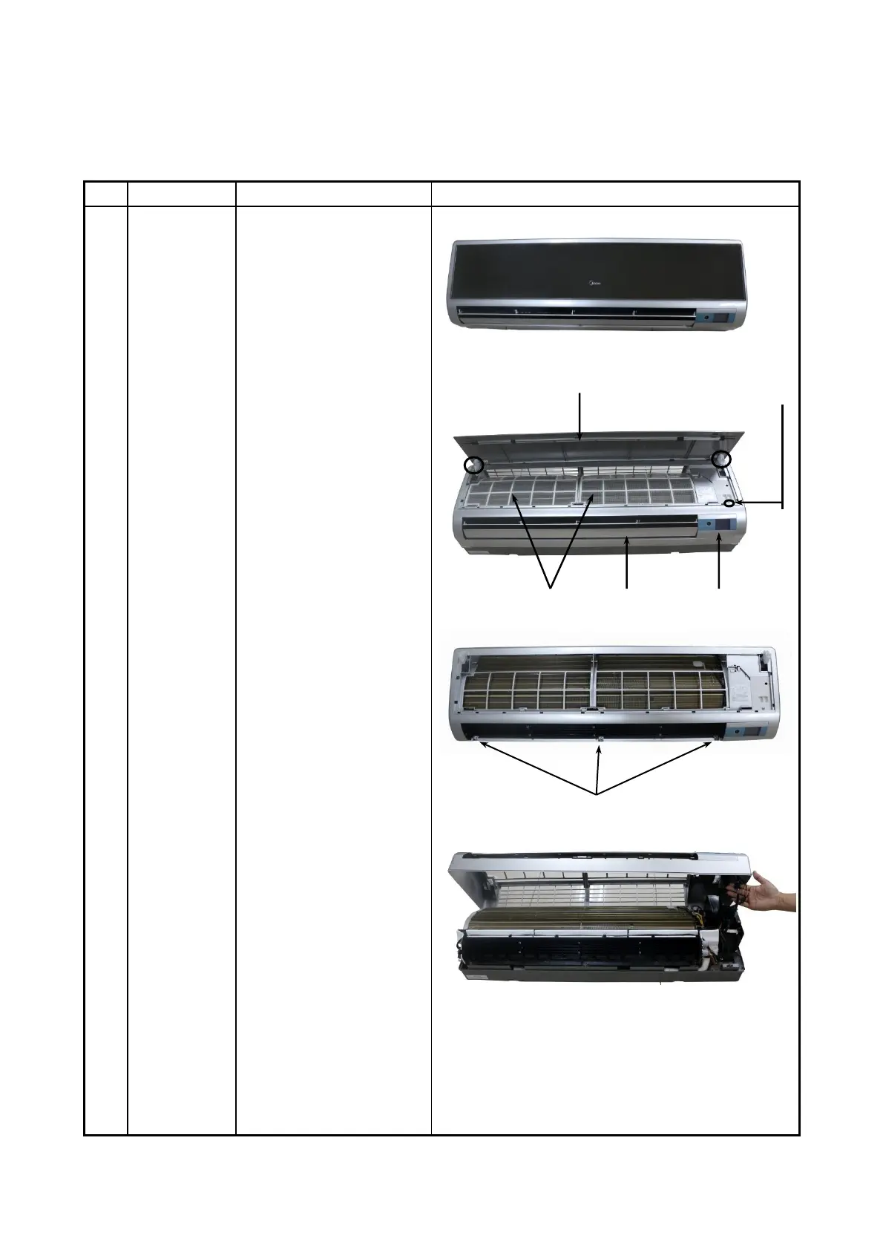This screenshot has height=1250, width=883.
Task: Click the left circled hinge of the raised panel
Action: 473,465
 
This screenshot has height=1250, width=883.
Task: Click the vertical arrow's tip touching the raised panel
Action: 582,441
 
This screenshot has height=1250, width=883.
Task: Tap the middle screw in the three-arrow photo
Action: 600,739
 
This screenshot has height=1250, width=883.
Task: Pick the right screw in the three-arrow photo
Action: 715,739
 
